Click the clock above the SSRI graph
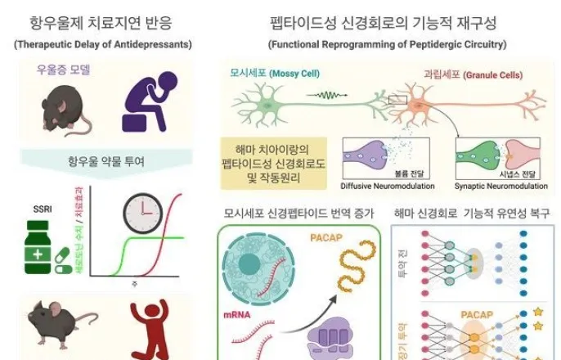coord(143,212)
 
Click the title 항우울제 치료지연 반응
coord(102,23)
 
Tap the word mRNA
coord(236,313)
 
